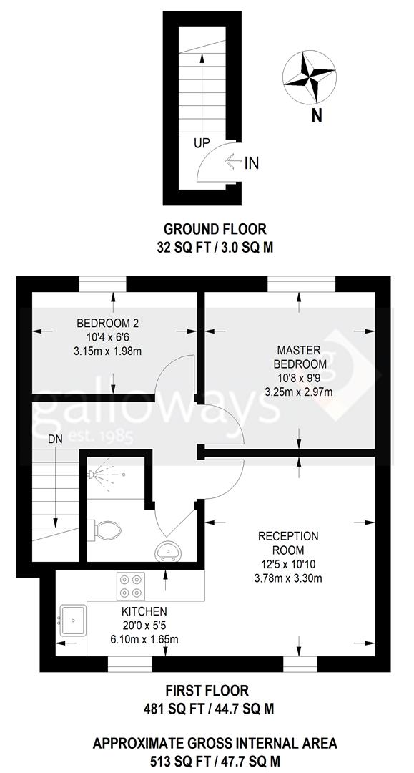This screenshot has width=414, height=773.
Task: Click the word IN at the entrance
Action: (251, 163)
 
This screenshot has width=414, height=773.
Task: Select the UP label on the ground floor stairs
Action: (202, 143)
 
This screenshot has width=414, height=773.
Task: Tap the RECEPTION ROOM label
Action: (289, 543)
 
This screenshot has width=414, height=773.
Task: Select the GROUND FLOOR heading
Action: (215, 229)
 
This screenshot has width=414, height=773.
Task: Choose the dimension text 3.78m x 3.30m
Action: (289, 578)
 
